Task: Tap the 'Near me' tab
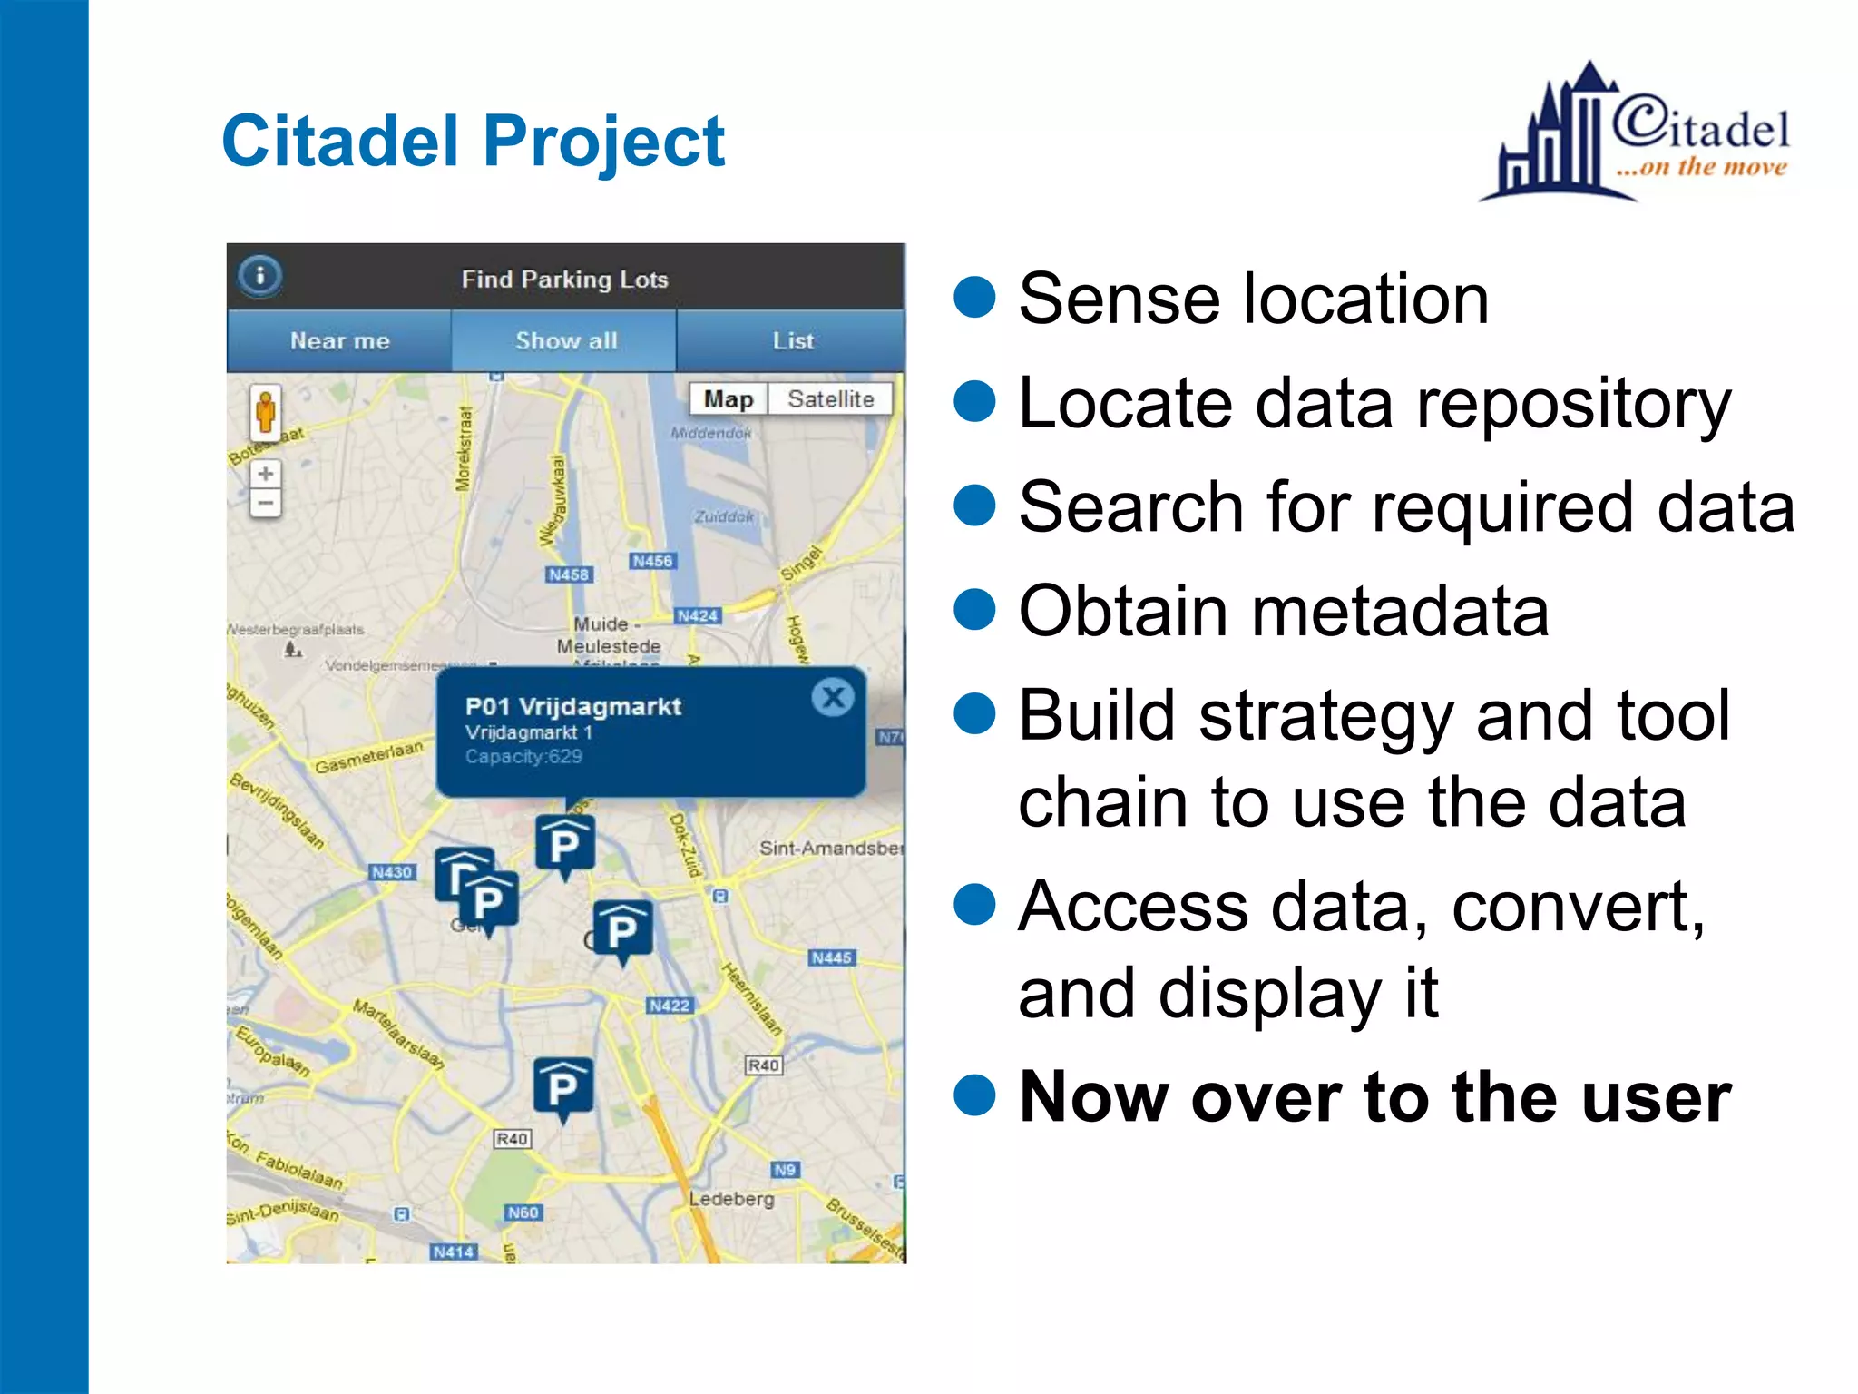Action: tap(339, 341)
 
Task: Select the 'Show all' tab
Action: tap(565, 341)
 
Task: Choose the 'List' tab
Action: tap(792, 341)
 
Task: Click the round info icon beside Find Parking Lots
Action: tap(260, 275)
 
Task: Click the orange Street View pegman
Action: tap(266, 412)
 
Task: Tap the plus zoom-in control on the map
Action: tap(266, 474)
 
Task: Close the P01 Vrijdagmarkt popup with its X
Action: tap(832, 698)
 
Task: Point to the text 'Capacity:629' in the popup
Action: tap(523, 757)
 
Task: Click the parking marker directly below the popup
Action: tap(564, 844)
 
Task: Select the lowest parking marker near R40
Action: tap(562, 1086)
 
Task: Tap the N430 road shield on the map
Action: tap(392, 872)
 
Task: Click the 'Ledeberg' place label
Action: tap(731, 1199)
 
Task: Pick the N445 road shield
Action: tap(831, 957)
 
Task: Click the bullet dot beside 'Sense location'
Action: tap(975, 298)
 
